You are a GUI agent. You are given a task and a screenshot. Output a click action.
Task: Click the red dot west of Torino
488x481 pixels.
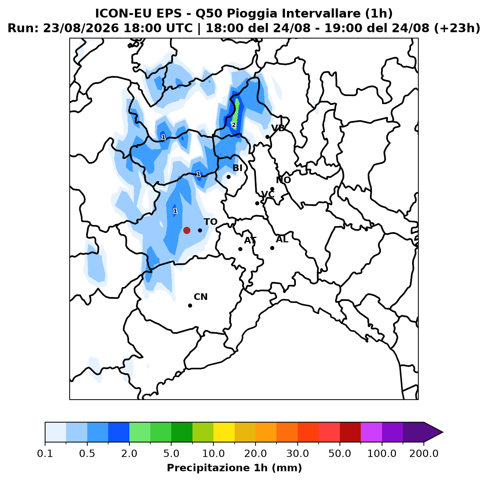(x=187, y=230)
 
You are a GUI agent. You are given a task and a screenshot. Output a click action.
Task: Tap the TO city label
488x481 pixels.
(x=211, y=222)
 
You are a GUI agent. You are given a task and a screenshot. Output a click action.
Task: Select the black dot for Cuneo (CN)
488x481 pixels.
(x=190, y=305)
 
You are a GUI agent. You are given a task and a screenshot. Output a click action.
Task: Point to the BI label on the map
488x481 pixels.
(x=237, y=168)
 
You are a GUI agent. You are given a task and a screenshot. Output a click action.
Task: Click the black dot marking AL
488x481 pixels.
(x=272, y=248)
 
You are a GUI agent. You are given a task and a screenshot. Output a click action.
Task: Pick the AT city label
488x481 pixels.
(x=250, y=240)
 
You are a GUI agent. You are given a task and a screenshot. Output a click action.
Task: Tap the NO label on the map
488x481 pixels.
(x=283, y=180)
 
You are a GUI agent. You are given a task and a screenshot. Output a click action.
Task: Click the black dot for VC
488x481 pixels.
(x=257, y=203)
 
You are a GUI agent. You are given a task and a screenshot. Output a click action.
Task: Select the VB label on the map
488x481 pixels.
(x=278, y=128)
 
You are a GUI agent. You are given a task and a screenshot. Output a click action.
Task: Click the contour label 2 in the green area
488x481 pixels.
(x=234, y=125)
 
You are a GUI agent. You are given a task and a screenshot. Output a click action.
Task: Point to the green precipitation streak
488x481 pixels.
(x=236, y=114)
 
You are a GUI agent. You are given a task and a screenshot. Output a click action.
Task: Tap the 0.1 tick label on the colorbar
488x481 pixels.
(x=45, y=454)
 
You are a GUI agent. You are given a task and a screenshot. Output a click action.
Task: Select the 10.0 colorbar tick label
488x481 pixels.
(x=213, y=454)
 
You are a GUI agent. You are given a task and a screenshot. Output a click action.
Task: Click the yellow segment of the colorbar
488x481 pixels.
(x=224, y=432)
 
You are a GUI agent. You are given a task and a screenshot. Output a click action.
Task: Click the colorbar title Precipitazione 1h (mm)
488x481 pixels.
(x=234, y=468)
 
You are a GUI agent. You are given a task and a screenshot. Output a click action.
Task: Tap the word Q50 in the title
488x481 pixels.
(x=208, y=14)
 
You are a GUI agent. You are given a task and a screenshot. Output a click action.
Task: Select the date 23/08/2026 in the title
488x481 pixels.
(x=81, y=28)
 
